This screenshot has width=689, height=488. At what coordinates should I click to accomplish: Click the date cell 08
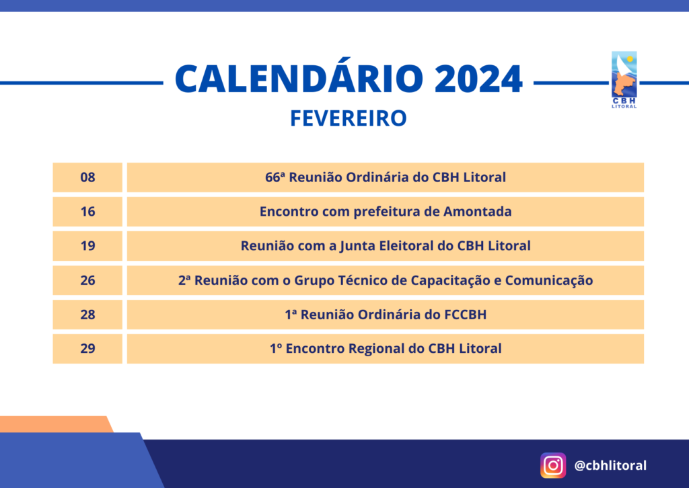click(x=87, y=177)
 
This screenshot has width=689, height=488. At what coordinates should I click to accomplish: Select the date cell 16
click(x=87, y=212)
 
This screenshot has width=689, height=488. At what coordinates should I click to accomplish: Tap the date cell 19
click(x=87, y=246)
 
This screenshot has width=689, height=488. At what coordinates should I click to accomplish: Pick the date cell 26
click(x=87, y=280)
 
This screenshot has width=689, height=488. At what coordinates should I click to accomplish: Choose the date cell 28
click(x=87, y=315)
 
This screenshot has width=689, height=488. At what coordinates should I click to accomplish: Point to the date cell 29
click(x=87, y=348)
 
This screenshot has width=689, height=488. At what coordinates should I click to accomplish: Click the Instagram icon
click(x=553, y=465)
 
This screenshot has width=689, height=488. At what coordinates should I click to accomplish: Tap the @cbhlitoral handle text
click(x=610, y=465)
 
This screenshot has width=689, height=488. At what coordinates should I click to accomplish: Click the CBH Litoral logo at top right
click(x=624, y=80)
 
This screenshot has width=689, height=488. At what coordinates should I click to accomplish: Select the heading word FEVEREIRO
click(x=349, y=118)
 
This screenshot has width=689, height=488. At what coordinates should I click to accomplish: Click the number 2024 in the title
click(x=478, y=79)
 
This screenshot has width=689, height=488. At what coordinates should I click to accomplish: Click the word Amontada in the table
click(x=477, y=212)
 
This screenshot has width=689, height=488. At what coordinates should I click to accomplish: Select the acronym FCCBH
click(x=466, y=315)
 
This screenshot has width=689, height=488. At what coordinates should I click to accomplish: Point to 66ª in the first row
click(x=275, y=177)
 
